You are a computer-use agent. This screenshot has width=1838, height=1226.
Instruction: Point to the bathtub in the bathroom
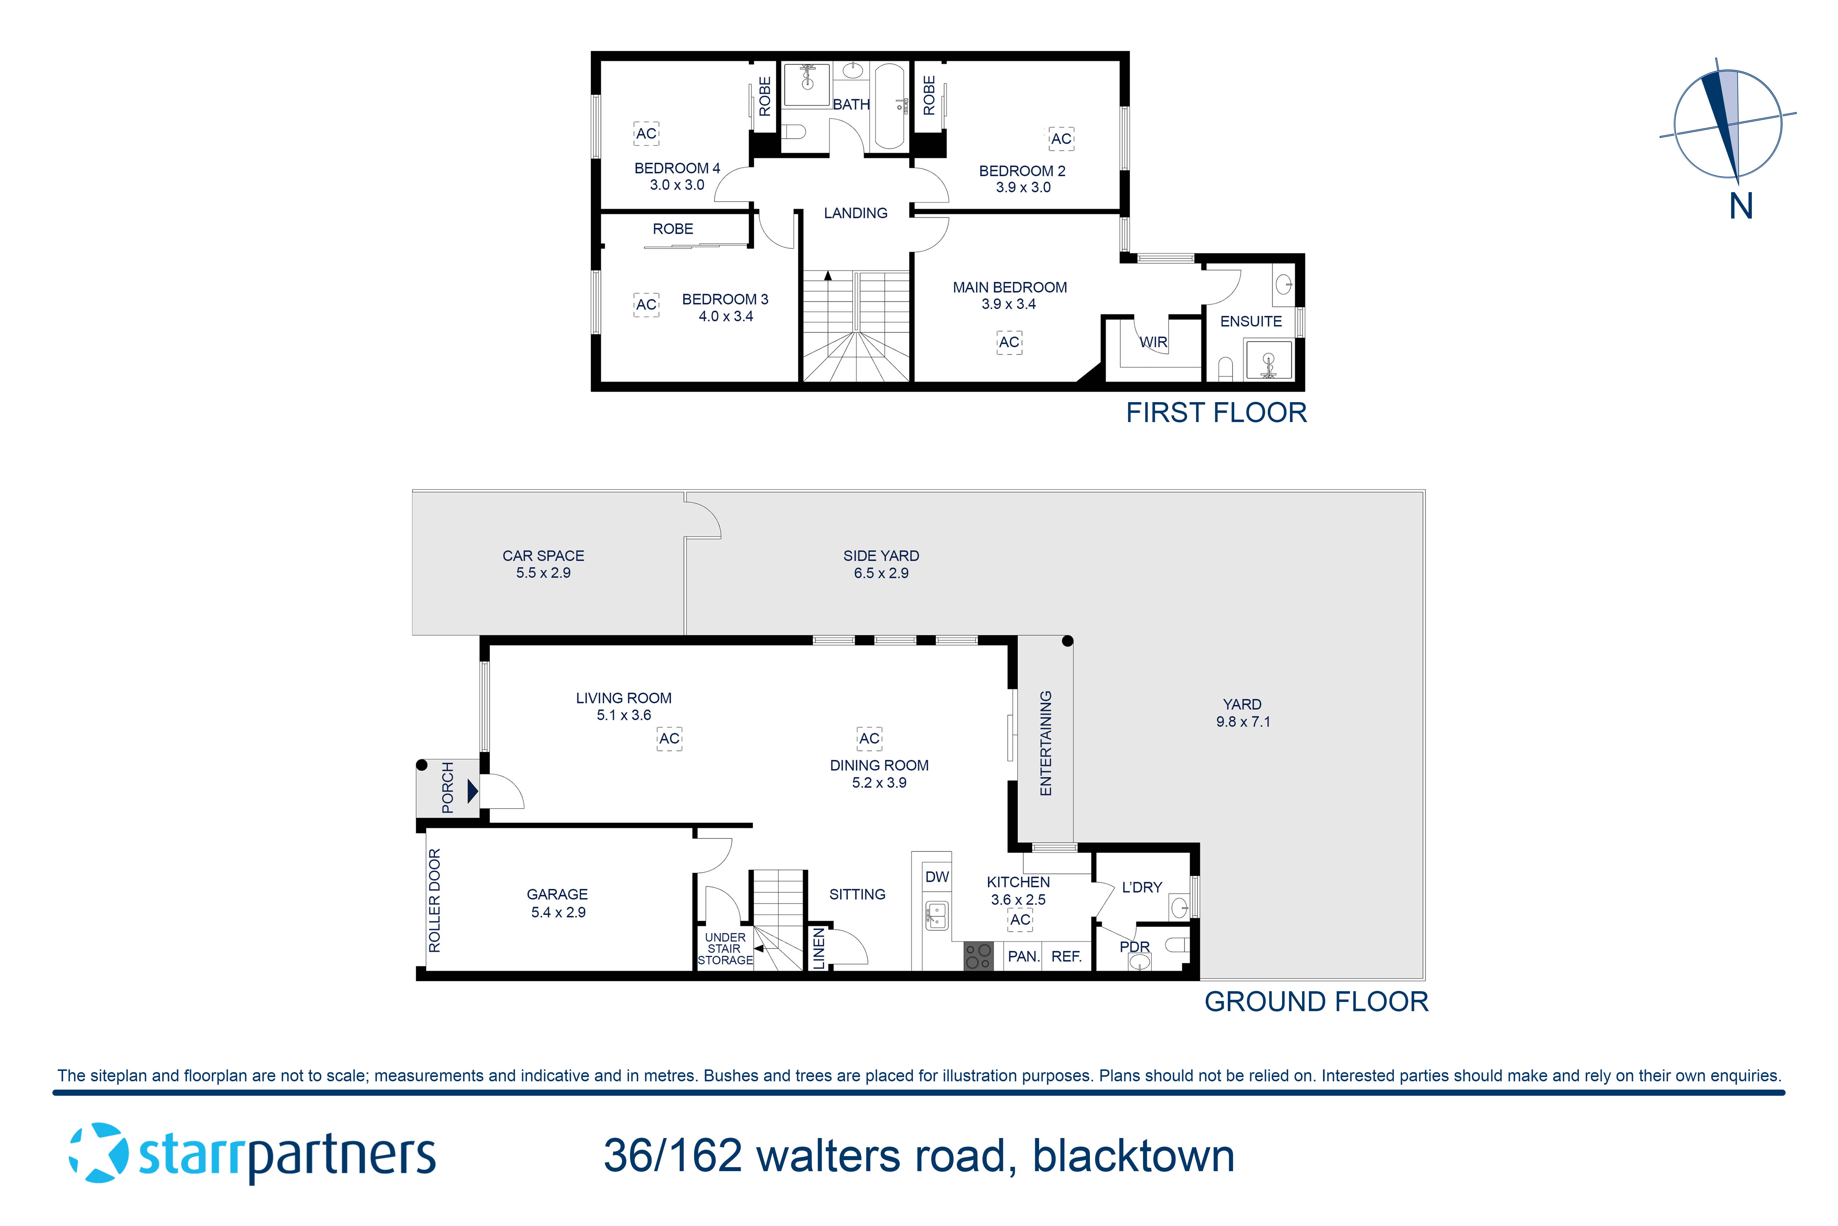[889, 105]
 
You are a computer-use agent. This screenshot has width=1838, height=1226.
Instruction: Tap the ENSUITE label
[1250, 321]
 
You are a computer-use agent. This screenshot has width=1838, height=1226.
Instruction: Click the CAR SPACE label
[543, 556]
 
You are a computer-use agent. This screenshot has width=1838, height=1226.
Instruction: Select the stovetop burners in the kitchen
[978, 955]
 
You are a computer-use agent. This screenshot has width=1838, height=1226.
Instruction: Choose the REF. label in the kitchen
[1066, 956]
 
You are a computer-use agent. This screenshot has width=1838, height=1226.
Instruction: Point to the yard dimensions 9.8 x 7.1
[1242, 722]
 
